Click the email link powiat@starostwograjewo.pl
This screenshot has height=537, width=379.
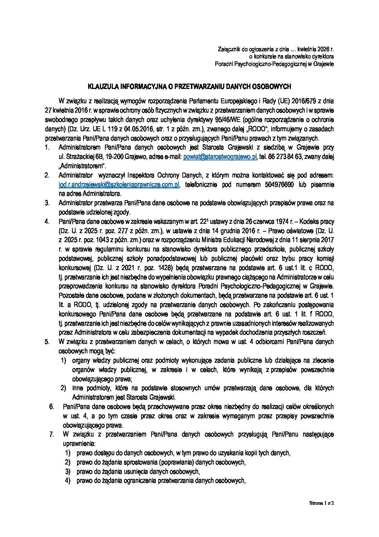click(x=220, y=157)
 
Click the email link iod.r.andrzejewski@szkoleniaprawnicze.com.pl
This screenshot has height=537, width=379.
click(x=119, y=184)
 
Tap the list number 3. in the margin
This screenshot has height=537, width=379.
click(x=47, y=203)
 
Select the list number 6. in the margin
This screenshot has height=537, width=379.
click(x=51, y=407)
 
